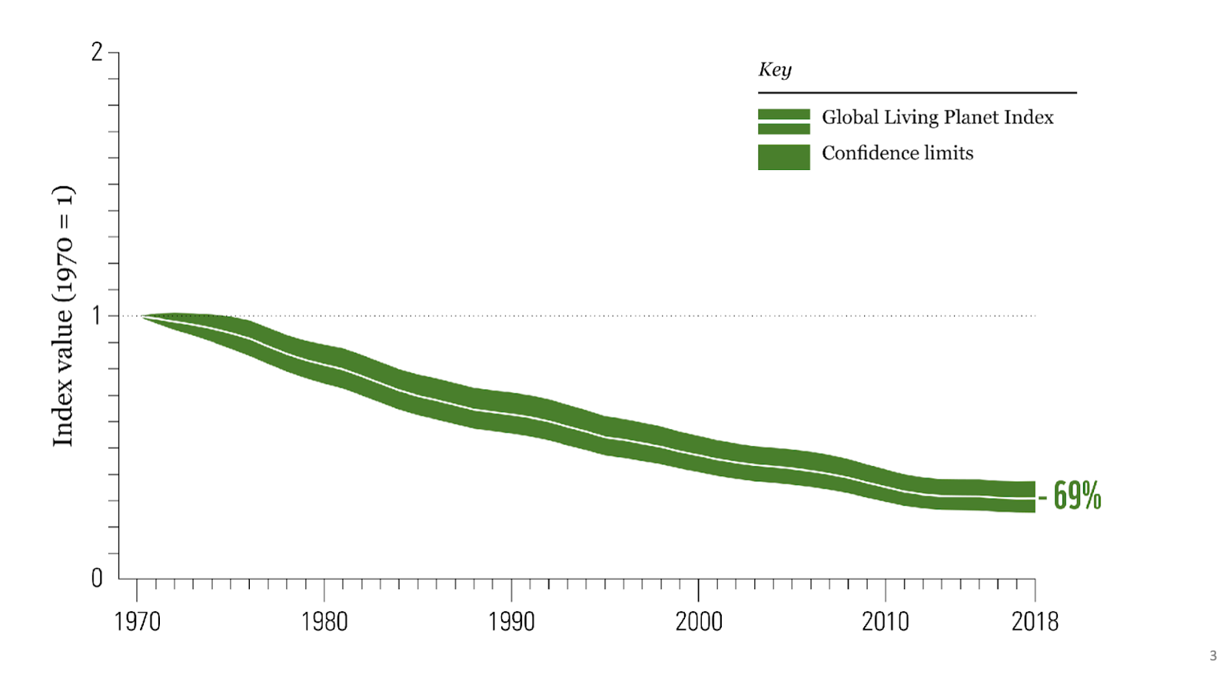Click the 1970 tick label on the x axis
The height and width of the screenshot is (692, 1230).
137,621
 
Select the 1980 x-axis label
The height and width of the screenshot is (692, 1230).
324,621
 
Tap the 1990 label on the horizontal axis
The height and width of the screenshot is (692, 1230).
511,621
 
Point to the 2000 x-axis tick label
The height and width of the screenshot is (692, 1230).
699,621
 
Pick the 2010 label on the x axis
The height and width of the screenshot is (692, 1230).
885,621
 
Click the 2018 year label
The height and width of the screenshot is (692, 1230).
1035,621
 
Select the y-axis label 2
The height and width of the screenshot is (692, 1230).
97,52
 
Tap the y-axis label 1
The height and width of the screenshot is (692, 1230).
97,315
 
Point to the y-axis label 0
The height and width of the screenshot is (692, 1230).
97,578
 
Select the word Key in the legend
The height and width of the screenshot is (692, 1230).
775,70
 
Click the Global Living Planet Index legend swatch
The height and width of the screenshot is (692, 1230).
783,121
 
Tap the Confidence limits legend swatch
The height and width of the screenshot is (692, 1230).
783,157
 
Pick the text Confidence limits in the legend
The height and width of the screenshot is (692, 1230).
897,153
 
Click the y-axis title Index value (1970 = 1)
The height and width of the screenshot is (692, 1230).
63,315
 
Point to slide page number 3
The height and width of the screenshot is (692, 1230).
1213,656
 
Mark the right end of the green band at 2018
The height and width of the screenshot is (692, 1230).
1032,497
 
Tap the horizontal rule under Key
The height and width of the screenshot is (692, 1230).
916,93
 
